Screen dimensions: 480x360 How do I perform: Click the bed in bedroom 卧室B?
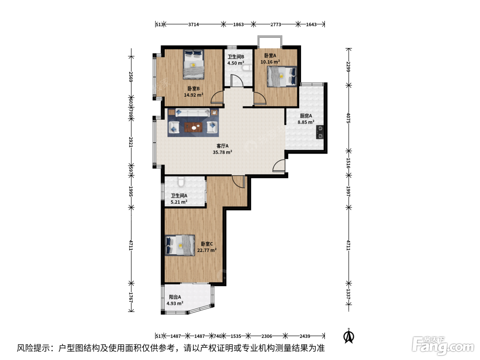pyautogui.click(x=194, y=64)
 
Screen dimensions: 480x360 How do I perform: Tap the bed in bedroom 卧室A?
pyautogui.click(x=282, y=76)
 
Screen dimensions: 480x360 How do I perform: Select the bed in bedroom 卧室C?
pyautogui.click(x=180, y=245)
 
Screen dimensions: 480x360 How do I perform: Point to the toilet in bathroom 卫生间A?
pyautogui.click(x=181, y=181)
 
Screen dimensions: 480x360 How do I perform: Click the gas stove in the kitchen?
pyautogui.click(x=320, y=132)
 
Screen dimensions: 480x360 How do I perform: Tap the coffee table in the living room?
pyautogui.click(x=193, y=127)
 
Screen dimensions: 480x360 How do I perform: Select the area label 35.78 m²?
pyautogui.click(x=223, y=152)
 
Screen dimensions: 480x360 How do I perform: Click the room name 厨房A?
pyautogui.click(x=306, y=116)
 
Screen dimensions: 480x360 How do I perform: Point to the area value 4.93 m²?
pyautogui.click(x=175, y=303)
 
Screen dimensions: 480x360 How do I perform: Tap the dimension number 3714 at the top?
pyautogui.click(x=193, y=24)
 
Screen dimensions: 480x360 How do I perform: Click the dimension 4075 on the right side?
pyautogui.click(x=348, y=118)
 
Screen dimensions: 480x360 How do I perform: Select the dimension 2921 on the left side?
pyautogui.click(x=131, y=142)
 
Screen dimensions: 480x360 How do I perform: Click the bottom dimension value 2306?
pyautogui.click(x=266, y=336)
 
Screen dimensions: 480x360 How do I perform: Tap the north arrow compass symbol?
pyautogui.click(x=349, y=336)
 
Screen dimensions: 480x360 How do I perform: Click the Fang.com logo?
pyautogui.click(x=443, y=346)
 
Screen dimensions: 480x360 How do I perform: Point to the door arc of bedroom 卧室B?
pyautogui.click(x=217, y=97)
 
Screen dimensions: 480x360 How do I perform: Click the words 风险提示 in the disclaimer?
pyautogui.click(x=34, y=348)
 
